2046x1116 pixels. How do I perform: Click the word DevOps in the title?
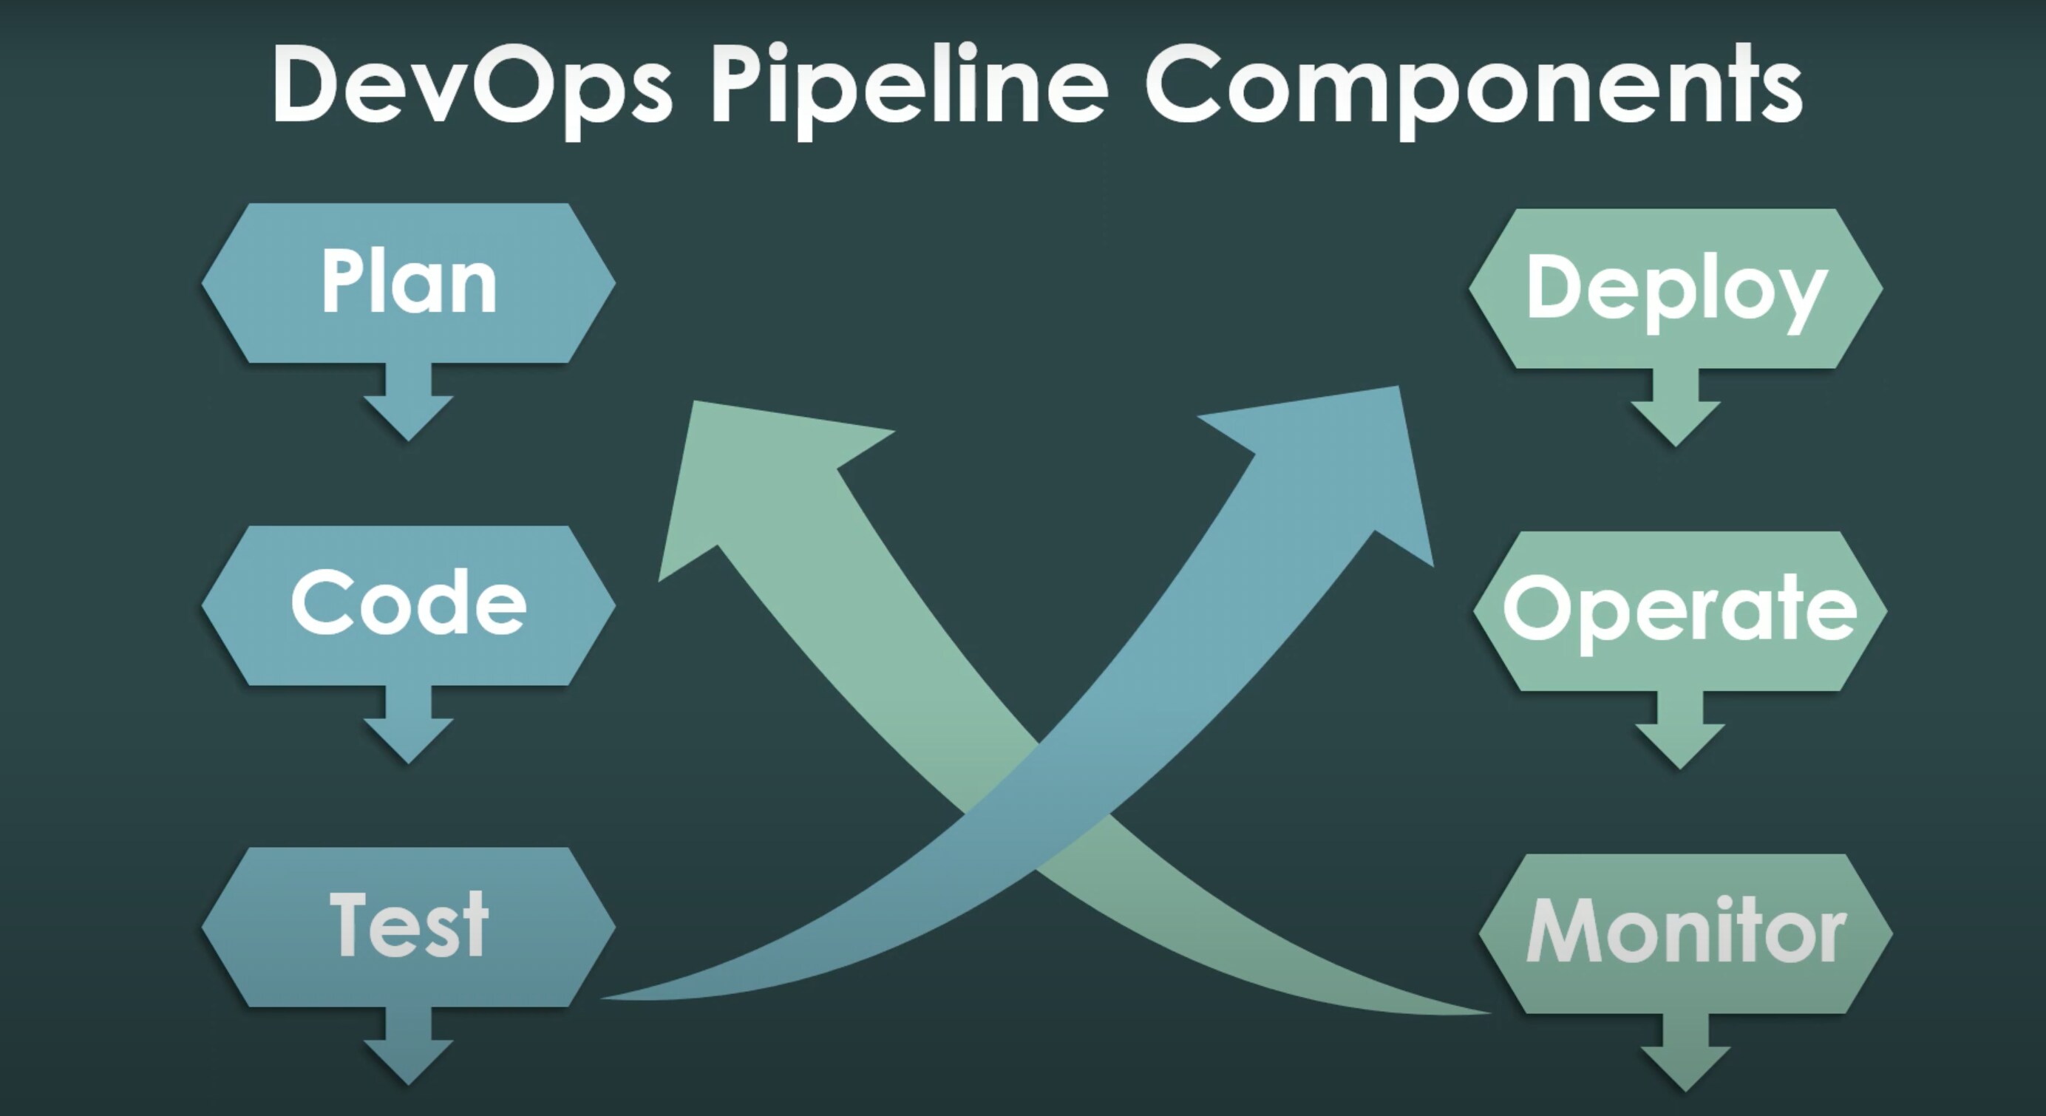[472, 84]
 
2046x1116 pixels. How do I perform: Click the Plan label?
[409, 282]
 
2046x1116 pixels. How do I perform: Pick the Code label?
[408, 604]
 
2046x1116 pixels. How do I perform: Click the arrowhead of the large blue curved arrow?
[1350, 469]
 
